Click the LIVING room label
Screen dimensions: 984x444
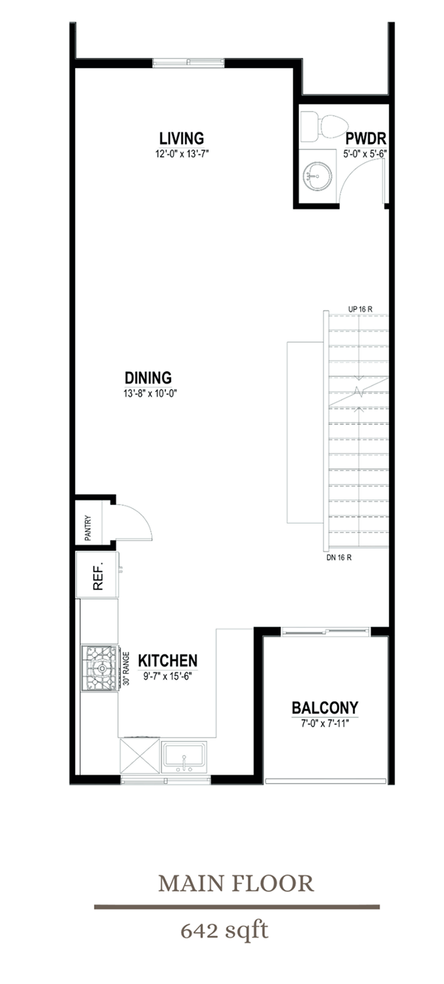(x=182, y=138)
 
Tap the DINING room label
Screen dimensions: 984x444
(x=148, y=378)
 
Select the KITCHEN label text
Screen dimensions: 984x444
(x=168, y=661)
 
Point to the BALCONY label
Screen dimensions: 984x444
(x=325, y=707)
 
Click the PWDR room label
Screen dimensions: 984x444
(x=365, y=139)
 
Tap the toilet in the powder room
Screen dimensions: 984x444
(x=324, y=127)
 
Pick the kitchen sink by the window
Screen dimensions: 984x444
(x=183, y=756)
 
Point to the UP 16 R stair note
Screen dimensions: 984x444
(x=361, y=309)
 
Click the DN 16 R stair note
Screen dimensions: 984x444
(x=339, y=557)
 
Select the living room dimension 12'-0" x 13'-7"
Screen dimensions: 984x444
(x=182, y=152)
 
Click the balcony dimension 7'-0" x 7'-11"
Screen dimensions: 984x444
(x=325, y=723)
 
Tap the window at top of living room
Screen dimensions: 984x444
(x=188, y=62)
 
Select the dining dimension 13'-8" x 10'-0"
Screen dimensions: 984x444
(x=148, y=394)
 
